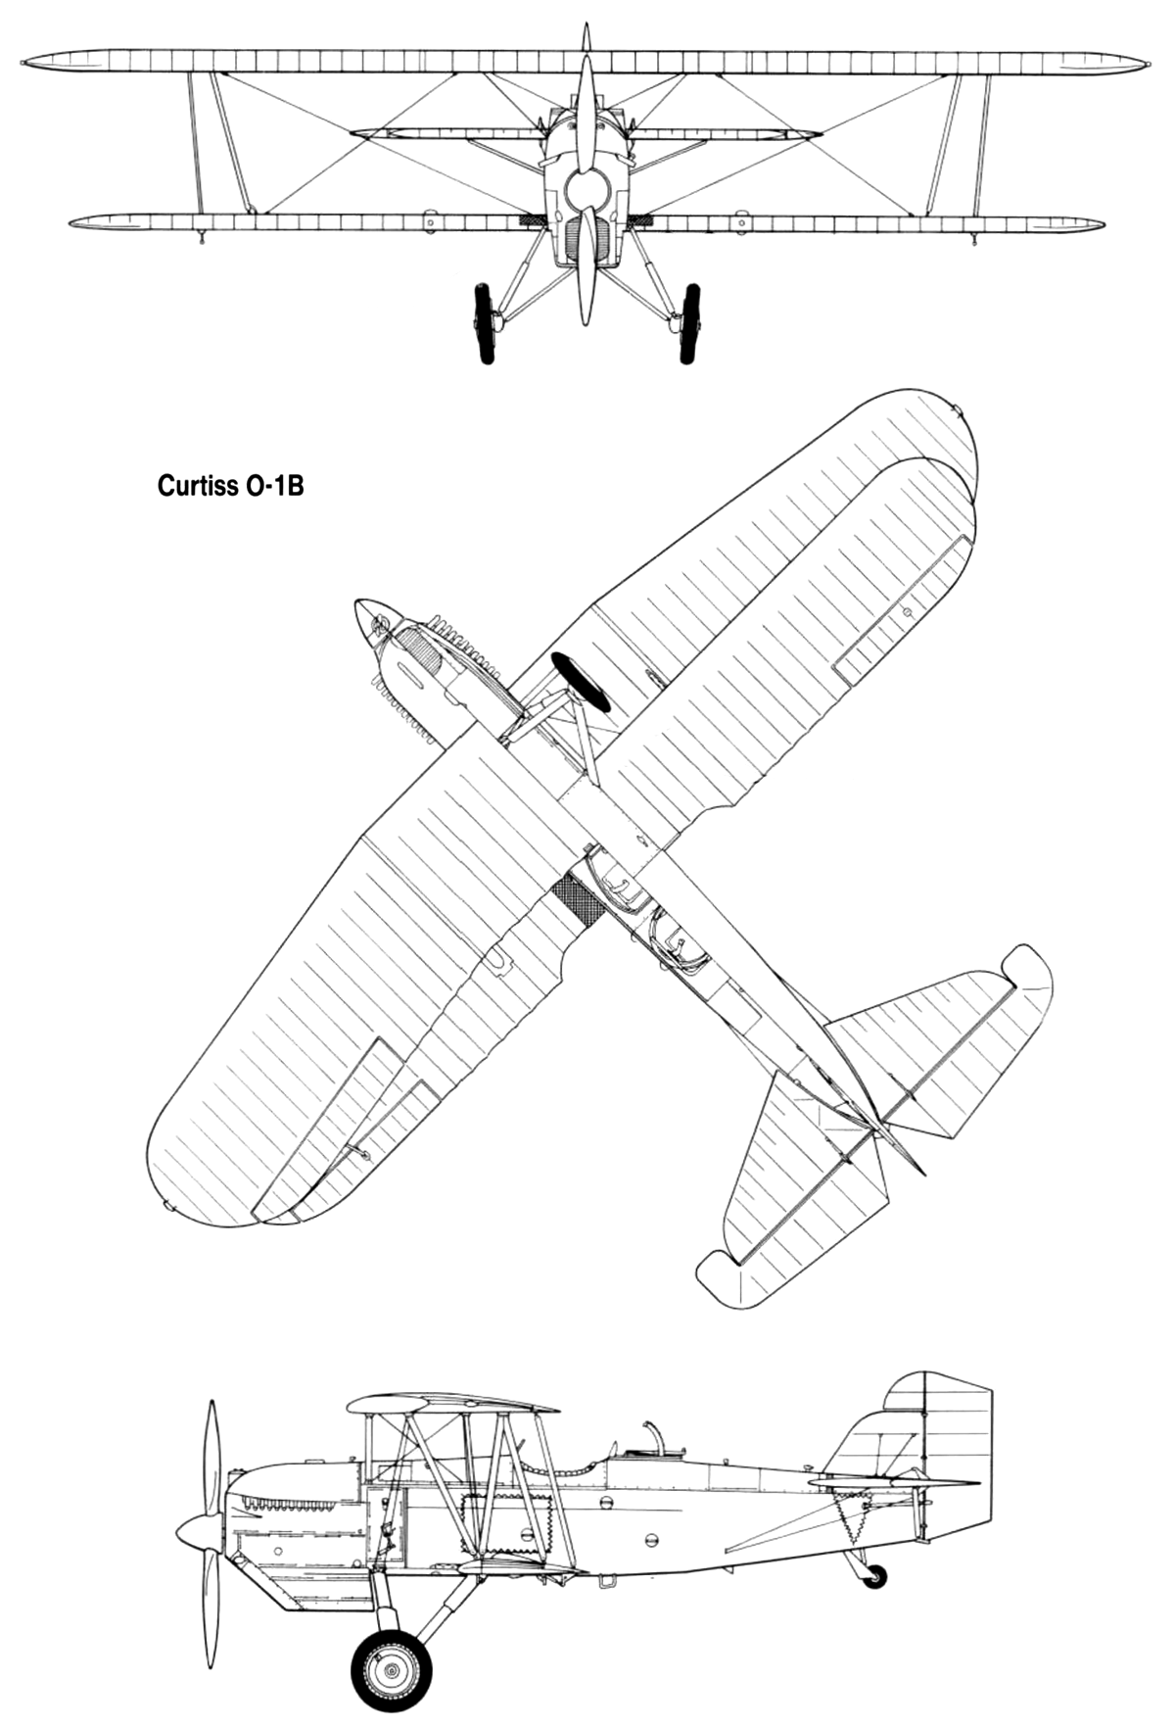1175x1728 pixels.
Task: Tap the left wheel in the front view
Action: coord(484,323)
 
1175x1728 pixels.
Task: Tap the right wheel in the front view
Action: coord(690,323)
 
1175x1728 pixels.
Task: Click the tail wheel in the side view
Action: coord(876,1575)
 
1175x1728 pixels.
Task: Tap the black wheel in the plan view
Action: coord(581,682)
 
